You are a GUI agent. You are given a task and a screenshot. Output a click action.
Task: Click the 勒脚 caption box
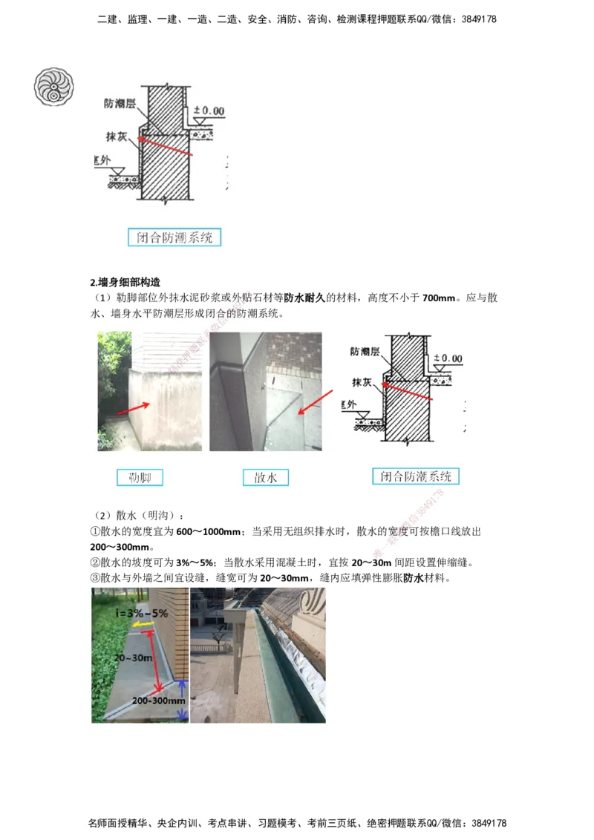140,477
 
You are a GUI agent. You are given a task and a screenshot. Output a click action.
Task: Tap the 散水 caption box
265,477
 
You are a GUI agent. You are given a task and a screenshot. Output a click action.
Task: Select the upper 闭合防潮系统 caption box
174,237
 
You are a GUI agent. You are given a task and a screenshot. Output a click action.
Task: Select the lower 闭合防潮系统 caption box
416,476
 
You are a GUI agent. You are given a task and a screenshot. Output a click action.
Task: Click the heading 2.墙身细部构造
125,282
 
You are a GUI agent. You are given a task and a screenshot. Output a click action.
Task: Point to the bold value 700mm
439,298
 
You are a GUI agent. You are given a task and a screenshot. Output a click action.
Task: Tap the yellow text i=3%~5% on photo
141,614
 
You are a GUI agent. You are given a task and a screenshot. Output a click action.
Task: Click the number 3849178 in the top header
477,19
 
